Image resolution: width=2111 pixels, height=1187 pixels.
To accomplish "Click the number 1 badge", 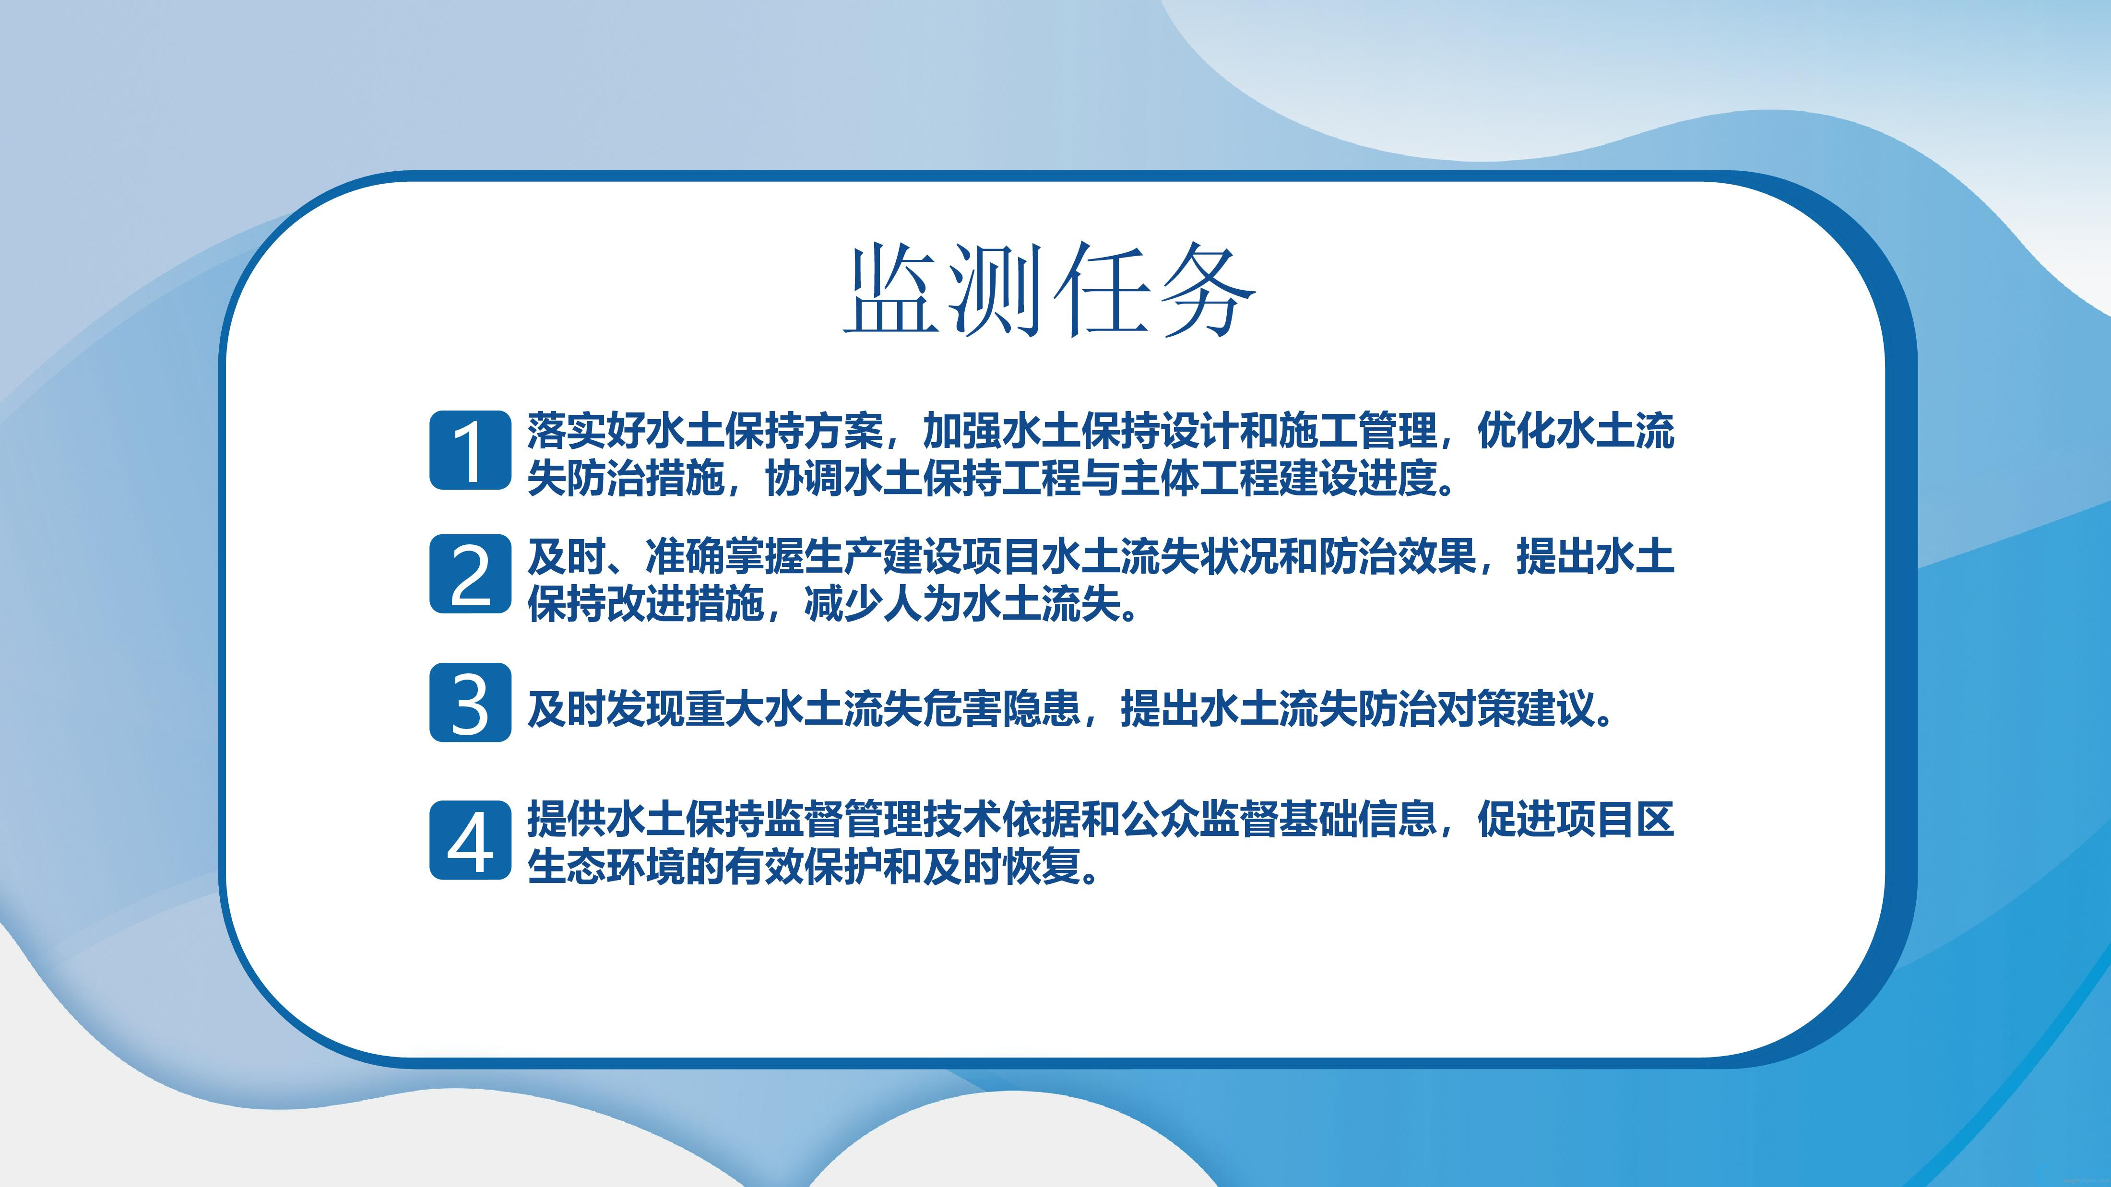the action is pyautogui.click(x=470, y=450).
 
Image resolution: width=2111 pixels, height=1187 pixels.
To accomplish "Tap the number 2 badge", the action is pyautogui.click(x=470, y=574).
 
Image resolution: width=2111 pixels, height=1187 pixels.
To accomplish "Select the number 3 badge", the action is pyautogui.click(x=470, y=703).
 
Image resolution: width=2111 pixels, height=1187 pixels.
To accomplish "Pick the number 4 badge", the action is pyautogui.click(x=470, y=840).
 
